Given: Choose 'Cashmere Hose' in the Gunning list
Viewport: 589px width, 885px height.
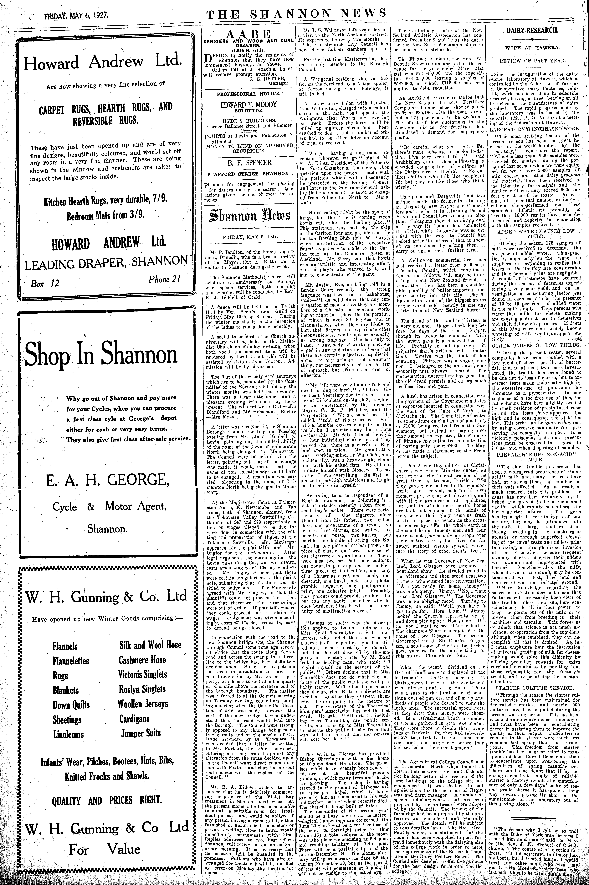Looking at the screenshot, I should (x=142, y=660).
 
